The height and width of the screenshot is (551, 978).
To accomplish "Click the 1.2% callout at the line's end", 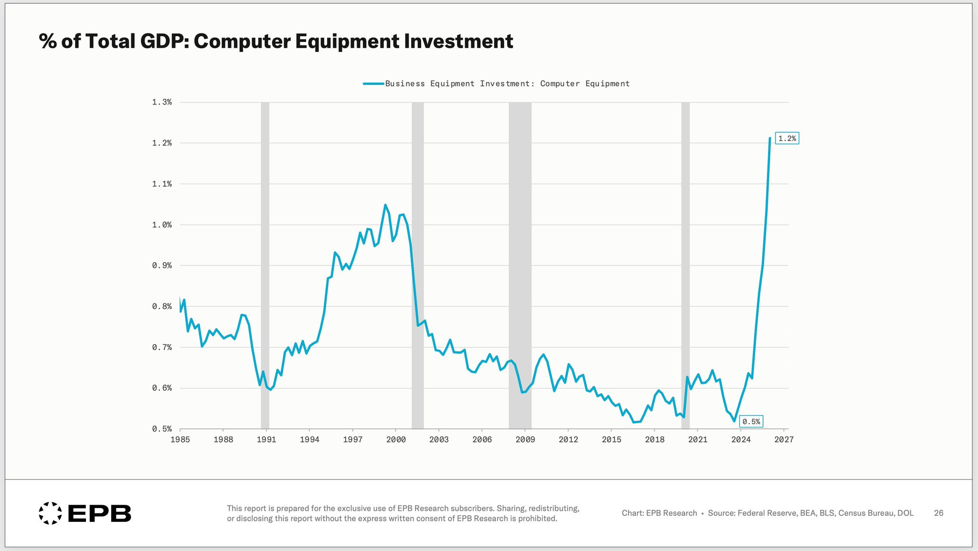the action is [787, 138].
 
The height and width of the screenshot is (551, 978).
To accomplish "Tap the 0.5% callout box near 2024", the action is [751, 422].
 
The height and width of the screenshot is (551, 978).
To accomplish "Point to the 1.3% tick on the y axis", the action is [162, 102].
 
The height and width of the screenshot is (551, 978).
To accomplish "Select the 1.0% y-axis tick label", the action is [162, 225].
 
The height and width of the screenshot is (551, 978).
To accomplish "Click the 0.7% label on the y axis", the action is [162, 347].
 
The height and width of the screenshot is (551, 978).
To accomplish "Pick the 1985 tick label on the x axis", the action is [180, 439].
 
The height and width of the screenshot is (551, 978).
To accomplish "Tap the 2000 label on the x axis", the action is [396, 439].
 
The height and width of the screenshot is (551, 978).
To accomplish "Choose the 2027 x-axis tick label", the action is [784, 439].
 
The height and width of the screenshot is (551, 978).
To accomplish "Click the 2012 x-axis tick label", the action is [568, 439].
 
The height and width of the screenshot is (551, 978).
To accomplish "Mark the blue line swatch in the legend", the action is [373, 84].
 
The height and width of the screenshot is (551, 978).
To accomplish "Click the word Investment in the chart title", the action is [458, 41].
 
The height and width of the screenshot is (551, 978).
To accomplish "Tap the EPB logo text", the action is [99, 513].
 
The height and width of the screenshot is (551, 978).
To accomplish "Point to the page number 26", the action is [938, 513].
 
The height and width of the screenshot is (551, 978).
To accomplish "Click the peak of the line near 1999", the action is [385, 205].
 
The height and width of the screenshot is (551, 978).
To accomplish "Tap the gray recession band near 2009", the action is [520, 265].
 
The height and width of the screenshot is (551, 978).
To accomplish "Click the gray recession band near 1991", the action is [265, 265].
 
